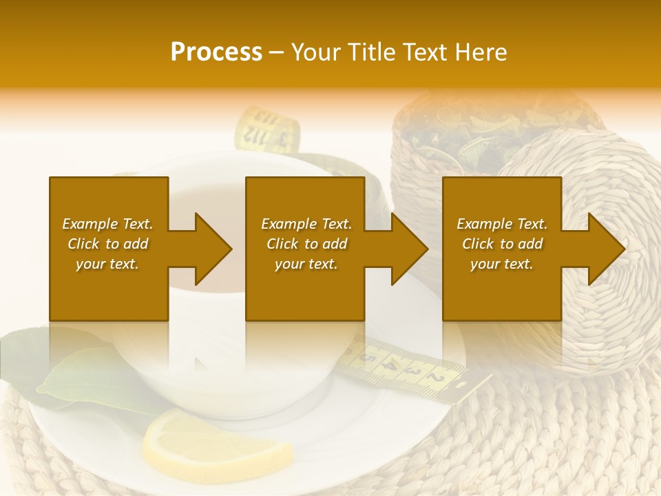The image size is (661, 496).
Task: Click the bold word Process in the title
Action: [x=216, y=52]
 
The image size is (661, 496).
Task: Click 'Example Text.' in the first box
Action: [x=107, y=224]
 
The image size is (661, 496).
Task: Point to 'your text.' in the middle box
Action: [x=306, y=264]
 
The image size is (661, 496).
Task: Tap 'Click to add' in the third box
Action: [x=502, y=244]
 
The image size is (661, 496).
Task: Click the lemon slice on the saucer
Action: [x=217, y=442]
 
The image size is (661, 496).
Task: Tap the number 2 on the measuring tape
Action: [x=434, y=378]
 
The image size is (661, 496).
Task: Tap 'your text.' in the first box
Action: [x=107, y=264]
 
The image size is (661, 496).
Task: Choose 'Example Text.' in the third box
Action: [x=502, y=224]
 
